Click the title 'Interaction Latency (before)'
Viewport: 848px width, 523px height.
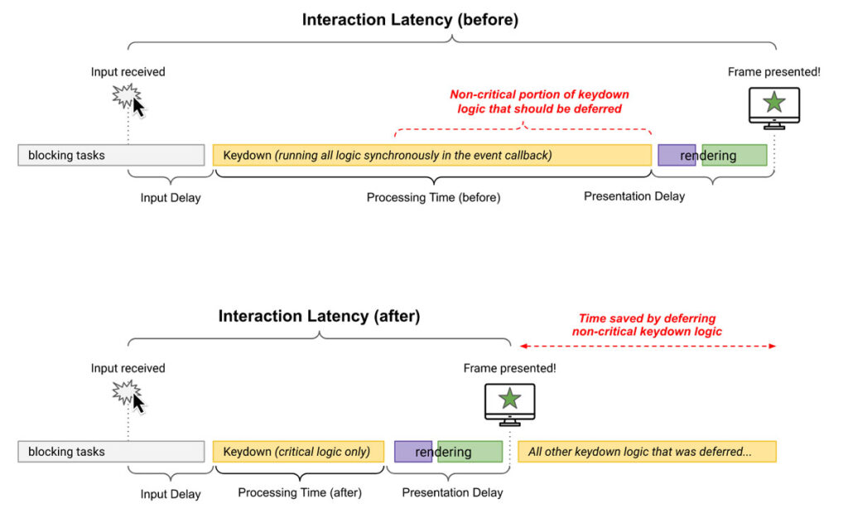pos(410,20)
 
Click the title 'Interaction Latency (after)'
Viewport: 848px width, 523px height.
pos(319,316)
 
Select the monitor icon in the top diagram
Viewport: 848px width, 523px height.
pos(773,105)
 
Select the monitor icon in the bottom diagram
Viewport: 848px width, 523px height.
pos(509,402)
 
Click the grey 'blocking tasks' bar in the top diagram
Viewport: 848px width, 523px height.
pos(111,155)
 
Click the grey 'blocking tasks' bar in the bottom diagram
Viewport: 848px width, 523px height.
pos(111,452)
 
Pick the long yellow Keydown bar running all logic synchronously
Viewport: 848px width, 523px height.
pos(431,155)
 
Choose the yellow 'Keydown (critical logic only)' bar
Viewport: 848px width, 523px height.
pos(298,452)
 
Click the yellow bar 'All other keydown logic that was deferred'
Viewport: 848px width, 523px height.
pos(647,452)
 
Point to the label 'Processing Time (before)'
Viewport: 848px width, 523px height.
pos(433,198)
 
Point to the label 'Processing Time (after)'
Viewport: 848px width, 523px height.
pos(300,492)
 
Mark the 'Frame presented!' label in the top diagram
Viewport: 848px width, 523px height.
pos(773,72)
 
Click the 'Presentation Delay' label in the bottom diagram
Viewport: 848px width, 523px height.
pos(452,492)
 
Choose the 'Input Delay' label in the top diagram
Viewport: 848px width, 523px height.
pos(171,198)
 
